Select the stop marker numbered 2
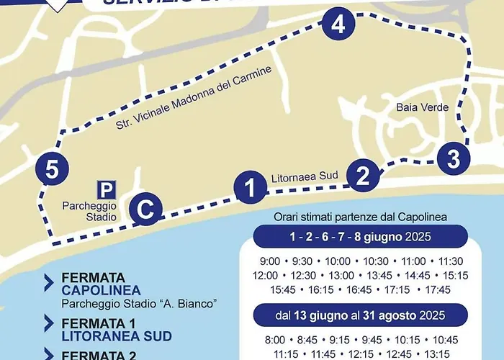(x=363, y=174)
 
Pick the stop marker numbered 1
(x=250, y=189)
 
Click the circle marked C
(x=145, y=211)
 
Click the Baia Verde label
(x=422, y=108)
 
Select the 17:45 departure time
(x=438, y=289)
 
